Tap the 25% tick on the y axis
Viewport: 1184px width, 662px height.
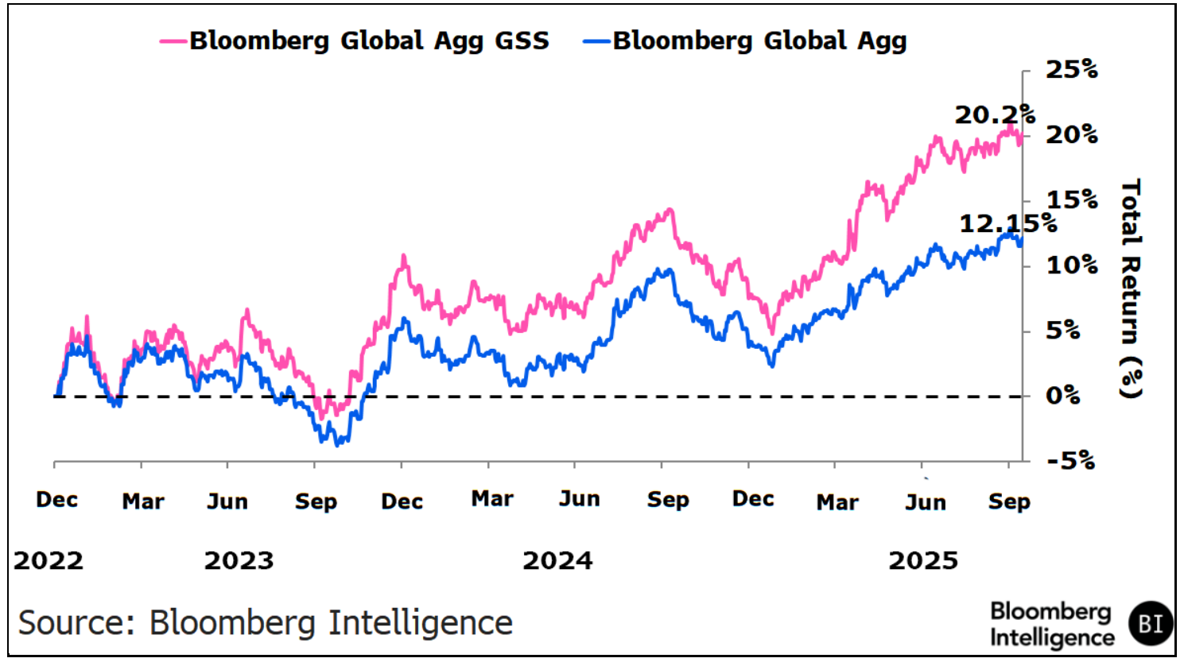click(1071, 70)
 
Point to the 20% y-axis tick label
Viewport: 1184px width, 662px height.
click(1071, 135)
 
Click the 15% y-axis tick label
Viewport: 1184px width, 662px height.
click(1071, 200)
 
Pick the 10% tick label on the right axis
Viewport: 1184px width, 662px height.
click(1071, 265)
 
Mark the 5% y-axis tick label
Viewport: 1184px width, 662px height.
click(1062, 331)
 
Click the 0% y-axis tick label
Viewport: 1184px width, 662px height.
click(1062, 396)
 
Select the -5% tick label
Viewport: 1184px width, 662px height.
click(1070, 461)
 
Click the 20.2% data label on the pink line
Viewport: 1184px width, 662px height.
click(995, 115)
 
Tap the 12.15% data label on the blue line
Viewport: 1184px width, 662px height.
click(1007, 224)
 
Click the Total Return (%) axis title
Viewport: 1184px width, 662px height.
click(1130, 288)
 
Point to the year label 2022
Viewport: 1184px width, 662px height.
click(49, 561)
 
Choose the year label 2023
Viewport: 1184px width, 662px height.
click(239, 561)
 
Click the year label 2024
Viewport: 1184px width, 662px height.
click(557, 561)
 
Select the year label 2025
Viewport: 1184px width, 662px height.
click(923, 561)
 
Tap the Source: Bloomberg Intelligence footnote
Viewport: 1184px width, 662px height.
click(265, 622)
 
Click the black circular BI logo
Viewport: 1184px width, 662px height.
click(1151, 624)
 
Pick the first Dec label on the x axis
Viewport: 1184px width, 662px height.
click(57, 500)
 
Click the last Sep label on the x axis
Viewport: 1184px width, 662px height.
click(1009, 502)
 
